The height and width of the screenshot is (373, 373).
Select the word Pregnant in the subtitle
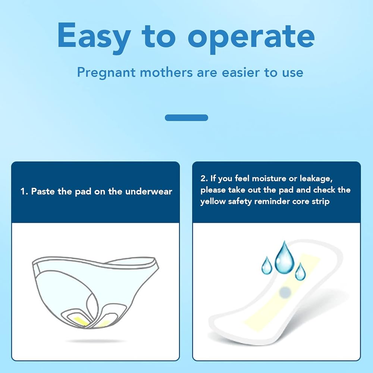pyautogui.click(x=106, y=73)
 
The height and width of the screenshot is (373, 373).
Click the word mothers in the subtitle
pyautogui.click(x=166, y=72)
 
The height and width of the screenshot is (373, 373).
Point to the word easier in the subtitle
pyautogui.click(x=240, y=72)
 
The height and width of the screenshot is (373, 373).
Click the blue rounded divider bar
pyautogui.click(x=186, y=118)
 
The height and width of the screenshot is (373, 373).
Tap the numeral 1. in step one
pyautogui.click(x=24, y=191)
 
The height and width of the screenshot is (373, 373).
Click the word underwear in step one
pyautogui.click(x=148, y=191)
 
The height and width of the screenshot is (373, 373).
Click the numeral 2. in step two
pyautogui.click(x=204, y=178)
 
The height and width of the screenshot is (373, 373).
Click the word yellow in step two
pyautogui.click(x=213, y=202)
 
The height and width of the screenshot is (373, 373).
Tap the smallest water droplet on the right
pyautogui.click(x=300, y=272)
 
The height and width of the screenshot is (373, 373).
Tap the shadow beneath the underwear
pyautogui.click(x=95, y=341)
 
